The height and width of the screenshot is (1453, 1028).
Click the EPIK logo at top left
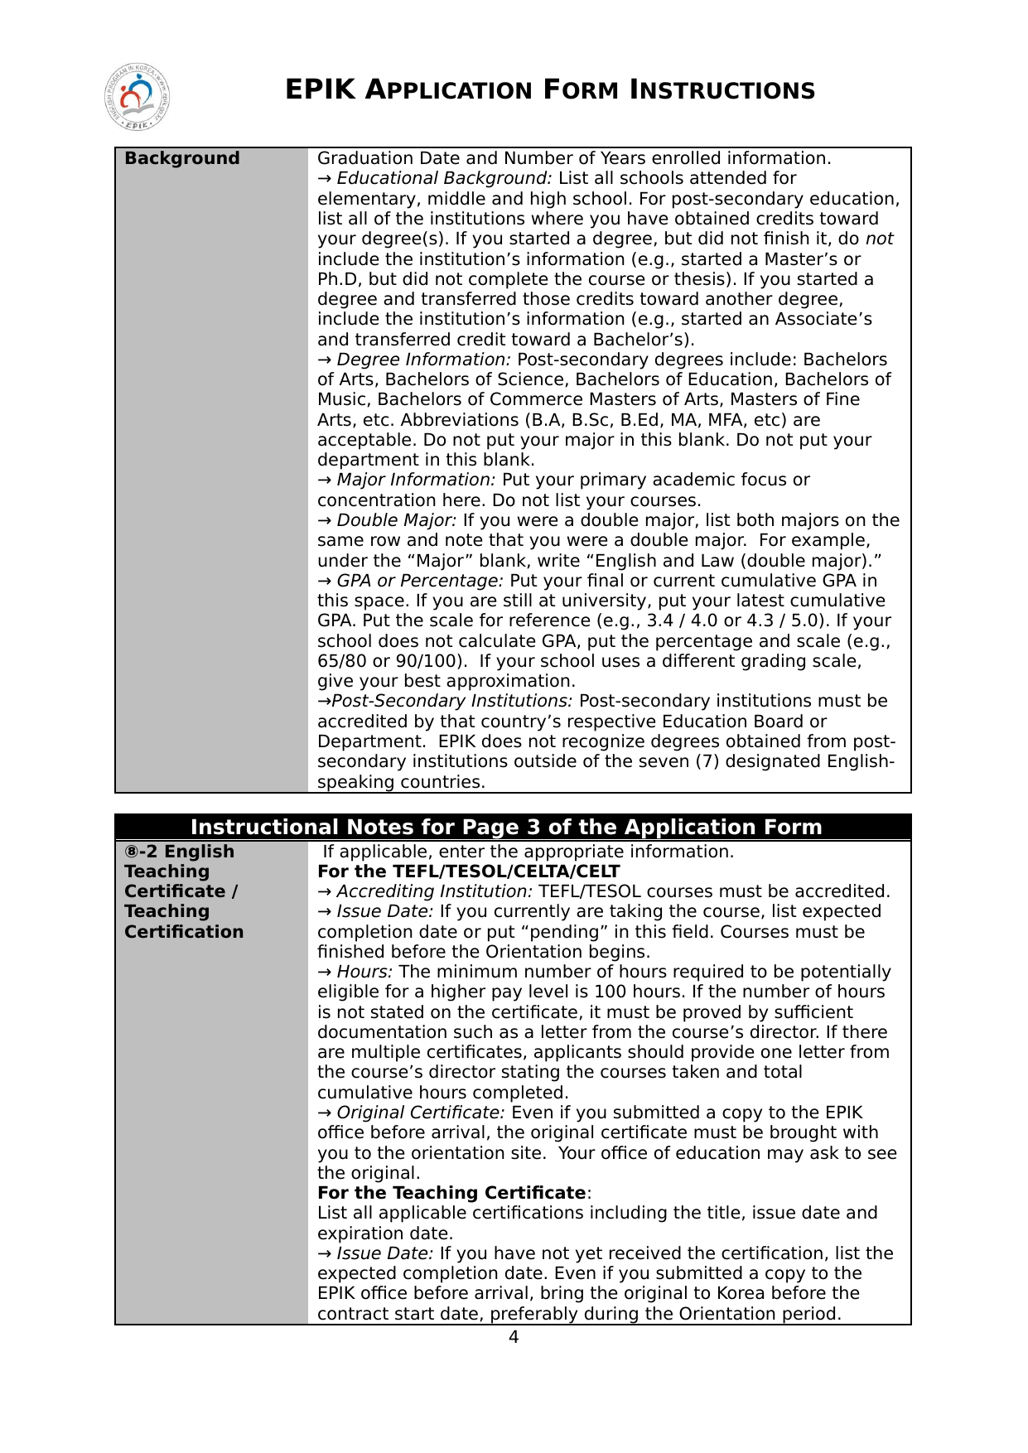tap(138, 97)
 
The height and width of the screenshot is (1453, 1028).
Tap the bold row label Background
tap(181, 158)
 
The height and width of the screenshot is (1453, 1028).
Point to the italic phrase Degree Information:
tap(423, 360)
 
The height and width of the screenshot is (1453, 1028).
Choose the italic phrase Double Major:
tap(396, 520)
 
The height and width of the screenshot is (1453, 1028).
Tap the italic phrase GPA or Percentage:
tap(419, 581)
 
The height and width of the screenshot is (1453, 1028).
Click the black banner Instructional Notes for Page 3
tap(506, 827)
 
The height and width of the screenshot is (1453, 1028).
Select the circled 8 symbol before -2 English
tap(131, 852)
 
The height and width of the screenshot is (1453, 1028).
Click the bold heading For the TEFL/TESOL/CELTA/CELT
tap(468, 871)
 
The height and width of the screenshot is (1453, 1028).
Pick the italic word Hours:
tap(364, 972)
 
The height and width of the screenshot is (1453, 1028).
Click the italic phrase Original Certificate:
tap(420, 1113)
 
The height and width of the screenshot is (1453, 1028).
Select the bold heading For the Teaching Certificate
tap(451, 1193)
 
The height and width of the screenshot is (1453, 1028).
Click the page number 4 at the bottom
tap(514, 1337)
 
